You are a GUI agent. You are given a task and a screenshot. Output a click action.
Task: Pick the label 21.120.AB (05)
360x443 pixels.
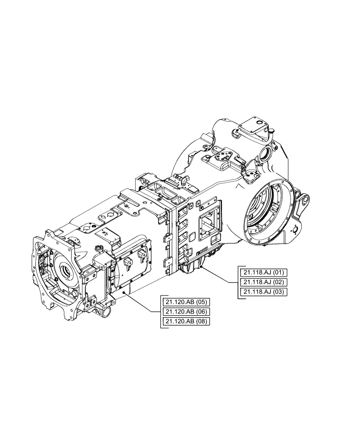tap(186, 302)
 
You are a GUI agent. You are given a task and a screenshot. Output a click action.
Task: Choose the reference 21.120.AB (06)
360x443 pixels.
tap(186, 311)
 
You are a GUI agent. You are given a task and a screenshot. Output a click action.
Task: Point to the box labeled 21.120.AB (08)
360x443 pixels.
tap(186, 322)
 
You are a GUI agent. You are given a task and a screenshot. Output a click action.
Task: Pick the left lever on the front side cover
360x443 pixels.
tap(128, 262)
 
